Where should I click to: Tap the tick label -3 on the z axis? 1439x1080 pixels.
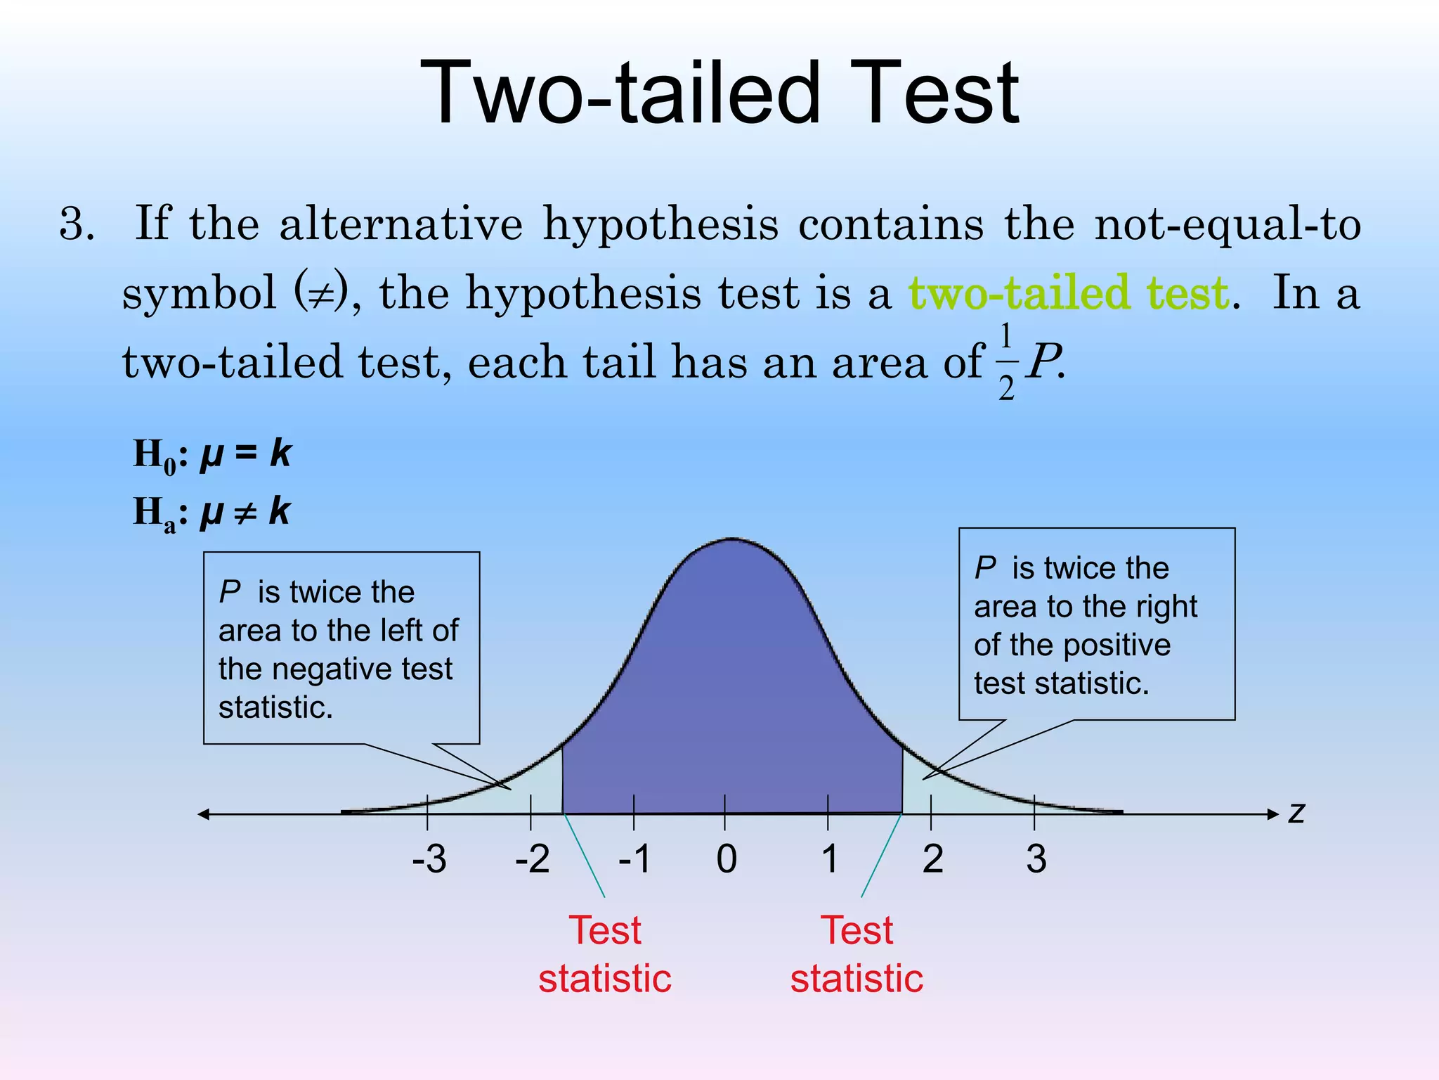tap(429, 859)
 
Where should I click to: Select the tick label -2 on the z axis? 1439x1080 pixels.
tap(532, 859)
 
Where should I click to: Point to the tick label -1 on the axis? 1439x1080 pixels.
tap(634, 859)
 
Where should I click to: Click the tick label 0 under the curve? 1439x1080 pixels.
tap(727, 859)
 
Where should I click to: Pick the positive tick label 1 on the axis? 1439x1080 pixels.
tap(830, 859)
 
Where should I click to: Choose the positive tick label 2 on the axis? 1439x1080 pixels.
tap(932, 859)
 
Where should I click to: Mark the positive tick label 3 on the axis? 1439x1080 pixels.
tap(1036, 859)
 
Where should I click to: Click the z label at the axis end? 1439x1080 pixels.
tap(1296, 813)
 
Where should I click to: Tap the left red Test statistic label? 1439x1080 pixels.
tap(605, 954)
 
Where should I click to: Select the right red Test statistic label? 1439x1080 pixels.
tap(857, 954)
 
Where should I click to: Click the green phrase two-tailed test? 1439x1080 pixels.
tap(1068, 293)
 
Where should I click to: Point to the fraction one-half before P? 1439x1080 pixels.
tap(1006, 362)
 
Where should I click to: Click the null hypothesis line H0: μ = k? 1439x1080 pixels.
tap(212, 455)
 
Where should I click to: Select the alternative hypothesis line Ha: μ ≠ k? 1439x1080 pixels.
tap(212, 513)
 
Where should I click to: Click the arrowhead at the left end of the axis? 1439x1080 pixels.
tap(204, 814)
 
